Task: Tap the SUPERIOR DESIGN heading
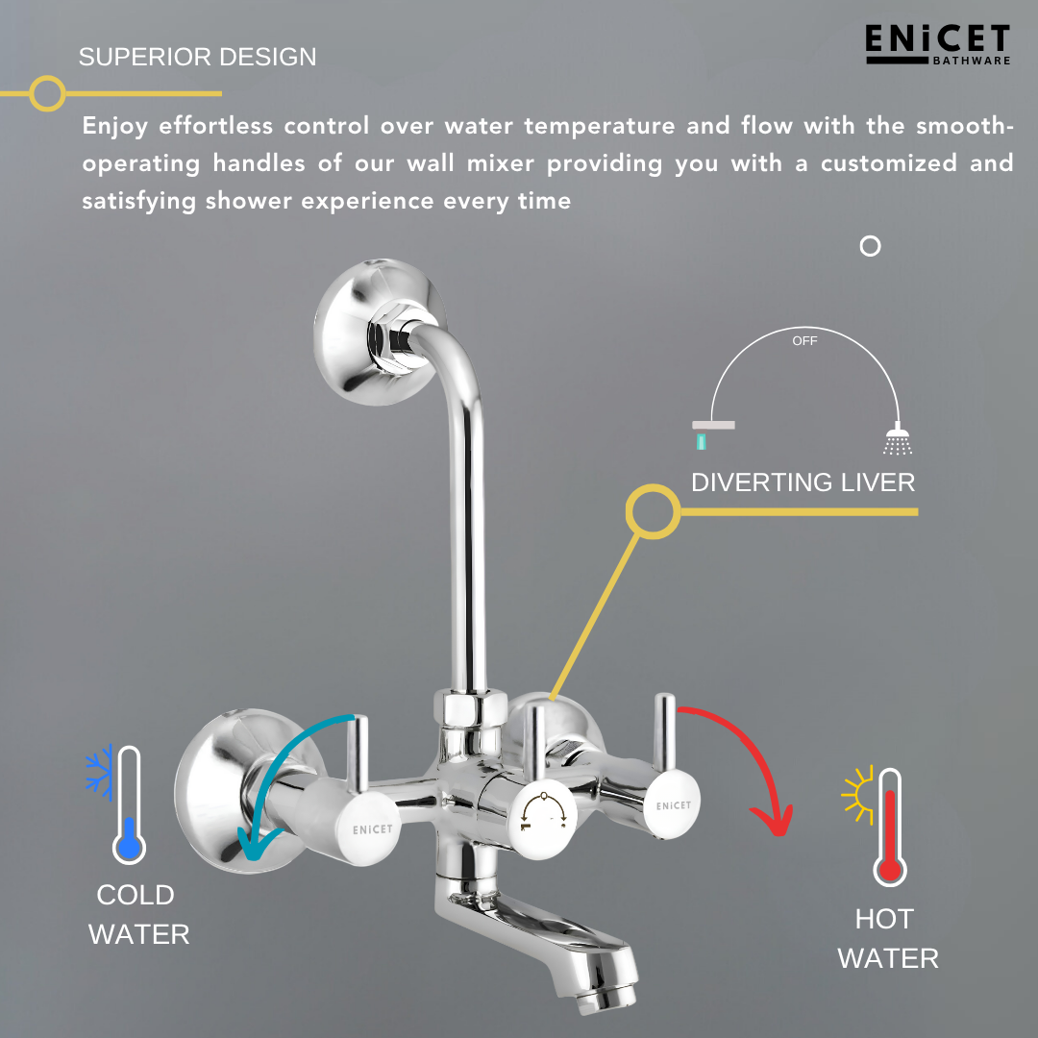197,57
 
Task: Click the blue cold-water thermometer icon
128,805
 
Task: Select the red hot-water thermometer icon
890,827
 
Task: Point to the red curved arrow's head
774,822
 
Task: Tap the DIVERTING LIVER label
803,482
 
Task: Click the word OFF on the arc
804,341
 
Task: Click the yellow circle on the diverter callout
653,511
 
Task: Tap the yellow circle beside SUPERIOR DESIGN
46,93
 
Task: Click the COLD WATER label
138,914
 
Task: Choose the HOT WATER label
888,938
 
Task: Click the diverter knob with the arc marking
543,807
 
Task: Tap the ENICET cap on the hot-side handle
673,805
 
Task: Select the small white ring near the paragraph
870,246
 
